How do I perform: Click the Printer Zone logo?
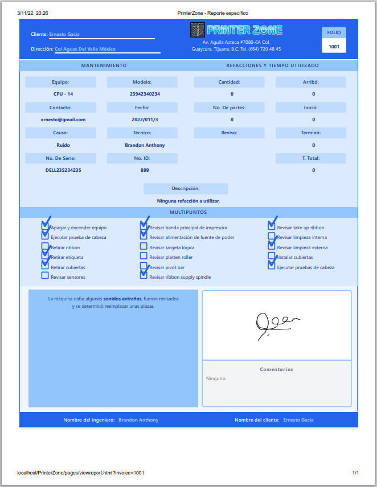236,30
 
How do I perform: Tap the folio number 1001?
334,47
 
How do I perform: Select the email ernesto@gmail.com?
63,119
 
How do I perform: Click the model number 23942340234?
145,94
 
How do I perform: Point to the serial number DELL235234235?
63,170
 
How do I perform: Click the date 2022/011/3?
145,119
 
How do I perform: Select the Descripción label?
186,188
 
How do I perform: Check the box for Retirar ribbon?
45,247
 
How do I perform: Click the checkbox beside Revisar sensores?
45,276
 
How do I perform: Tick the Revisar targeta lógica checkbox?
144,247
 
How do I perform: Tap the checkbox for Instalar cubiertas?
272,257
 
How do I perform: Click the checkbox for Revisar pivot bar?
144,266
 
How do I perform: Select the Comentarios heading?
277,369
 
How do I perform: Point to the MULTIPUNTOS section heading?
188,212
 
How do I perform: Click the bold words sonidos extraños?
122,299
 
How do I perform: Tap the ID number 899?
145,170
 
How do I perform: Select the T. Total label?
311,158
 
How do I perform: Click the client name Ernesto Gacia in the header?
64,34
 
